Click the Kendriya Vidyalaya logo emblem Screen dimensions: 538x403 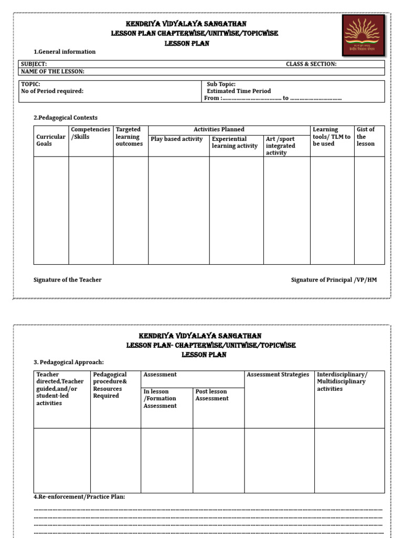[363, 35]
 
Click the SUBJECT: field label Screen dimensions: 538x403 [34, 64]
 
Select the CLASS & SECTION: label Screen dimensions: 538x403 [311, 64]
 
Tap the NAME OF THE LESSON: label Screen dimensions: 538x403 [52, 71]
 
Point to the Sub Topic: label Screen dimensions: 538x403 [221, 84]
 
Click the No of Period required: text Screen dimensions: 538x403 [52, 91]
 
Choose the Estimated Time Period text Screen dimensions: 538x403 [239, 91]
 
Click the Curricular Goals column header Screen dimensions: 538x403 [51, 140]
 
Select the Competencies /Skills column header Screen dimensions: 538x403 [90, 133]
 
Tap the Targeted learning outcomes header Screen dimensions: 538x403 [129, 137]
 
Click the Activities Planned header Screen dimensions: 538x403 [219, 129]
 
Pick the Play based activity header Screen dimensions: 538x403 [176, 139]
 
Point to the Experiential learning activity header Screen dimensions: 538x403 [235, 142]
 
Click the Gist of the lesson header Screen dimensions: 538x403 [366, 137]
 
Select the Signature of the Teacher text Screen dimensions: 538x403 [68, 280]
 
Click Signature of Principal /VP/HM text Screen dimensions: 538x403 [334, 280]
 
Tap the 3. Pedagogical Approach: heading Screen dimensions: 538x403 [69, 362]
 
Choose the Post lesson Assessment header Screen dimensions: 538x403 [212, 395]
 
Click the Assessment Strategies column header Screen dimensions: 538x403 [278, 375]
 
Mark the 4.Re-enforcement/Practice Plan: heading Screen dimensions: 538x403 [79, 496]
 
